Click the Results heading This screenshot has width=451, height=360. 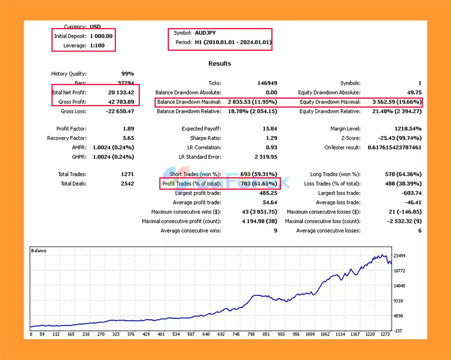(x=220, y=63)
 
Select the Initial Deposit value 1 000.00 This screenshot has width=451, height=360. (x=101, y=36)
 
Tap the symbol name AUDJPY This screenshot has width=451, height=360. (x=205, y=33)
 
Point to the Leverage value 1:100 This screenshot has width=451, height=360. (x=97, y=45)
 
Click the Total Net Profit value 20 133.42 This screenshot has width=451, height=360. (x=121, y=92)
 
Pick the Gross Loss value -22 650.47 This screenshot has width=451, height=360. (x=120, y=111)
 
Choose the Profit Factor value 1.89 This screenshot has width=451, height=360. (x=128, y=129)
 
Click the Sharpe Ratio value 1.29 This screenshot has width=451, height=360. (x=271, y=138)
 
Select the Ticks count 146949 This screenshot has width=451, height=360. (x=267, y=83)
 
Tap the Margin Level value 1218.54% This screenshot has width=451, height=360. (x=408, y=129)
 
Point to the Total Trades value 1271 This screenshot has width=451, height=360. (x=127, y=174)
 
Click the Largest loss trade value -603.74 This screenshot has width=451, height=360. (x=411, y=193)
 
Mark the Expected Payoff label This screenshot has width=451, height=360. (x=201, y=129)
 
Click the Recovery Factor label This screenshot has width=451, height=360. (x=67, y=138)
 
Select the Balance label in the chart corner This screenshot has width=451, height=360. (x=39, y=251)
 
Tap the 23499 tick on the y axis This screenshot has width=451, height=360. (x=399, y=256)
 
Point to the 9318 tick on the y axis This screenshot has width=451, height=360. (x=398, y=301)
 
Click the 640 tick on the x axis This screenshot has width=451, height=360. (x=206, y=334)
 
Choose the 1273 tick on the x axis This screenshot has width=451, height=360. (x=385, y=334)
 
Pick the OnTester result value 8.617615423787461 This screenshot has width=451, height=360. (x=394, y=147)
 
